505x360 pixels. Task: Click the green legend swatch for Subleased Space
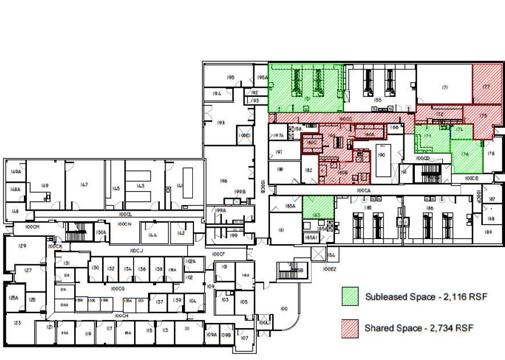coord(350,297)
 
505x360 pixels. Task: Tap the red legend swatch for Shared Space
coord(350,328)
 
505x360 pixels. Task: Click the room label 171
coord(445,87)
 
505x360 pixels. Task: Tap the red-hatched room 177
coord(486,87)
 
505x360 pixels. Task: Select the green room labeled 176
coord(465,154)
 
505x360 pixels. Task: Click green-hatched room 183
coord(316,215)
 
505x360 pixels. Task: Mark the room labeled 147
coord(84,184)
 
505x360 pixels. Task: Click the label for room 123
coord(18,323)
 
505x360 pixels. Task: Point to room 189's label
coord(488,232)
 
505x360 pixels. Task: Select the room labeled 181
coord(281,230)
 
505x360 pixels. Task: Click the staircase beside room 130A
coord(75,232)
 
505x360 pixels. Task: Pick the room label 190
coord(382,155)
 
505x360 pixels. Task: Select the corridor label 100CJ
coord(136,250)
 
